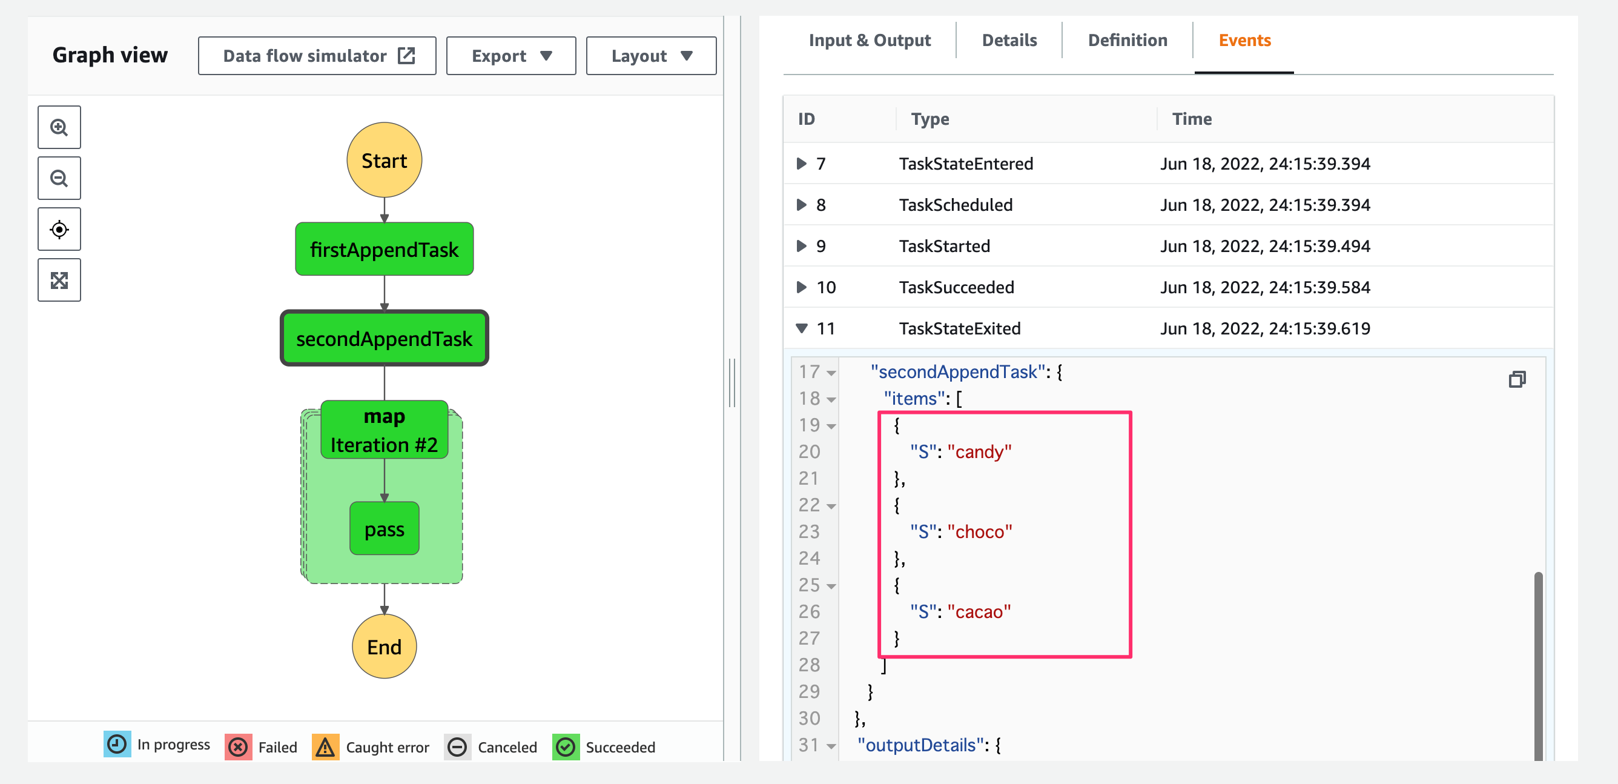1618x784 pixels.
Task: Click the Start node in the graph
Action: (385, 160)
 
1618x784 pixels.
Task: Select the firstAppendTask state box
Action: (385, 250)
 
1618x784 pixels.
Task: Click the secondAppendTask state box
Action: (385, 338)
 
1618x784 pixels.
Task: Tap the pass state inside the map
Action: (385, 529)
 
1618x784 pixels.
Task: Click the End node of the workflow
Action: (385, 646)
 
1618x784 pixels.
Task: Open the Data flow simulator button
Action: (317, 56)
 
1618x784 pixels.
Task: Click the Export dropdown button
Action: (511, 56)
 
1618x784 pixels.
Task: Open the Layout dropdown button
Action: (652, 56)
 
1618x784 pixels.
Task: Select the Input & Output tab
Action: (870, 40)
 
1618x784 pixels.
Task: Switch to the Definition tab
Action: (1128, 40)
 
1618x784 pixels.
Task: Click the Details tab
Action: (1009, 40)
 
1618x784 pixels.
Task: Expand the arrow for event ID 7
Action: (802, 164)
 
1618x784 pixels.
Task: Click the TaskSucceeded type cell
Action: (956, 287)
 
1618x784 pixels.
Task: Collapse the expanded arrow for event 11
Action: (802, 328)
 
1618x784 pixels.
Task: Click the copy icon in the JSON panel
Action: (1517, 379)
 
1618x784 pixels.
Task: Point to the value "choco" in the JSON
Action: (980, 531)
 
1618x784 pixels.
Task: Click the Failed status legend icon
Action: (238, 746)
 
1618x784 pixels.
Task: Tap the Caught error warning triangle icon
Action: (325, 746)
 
